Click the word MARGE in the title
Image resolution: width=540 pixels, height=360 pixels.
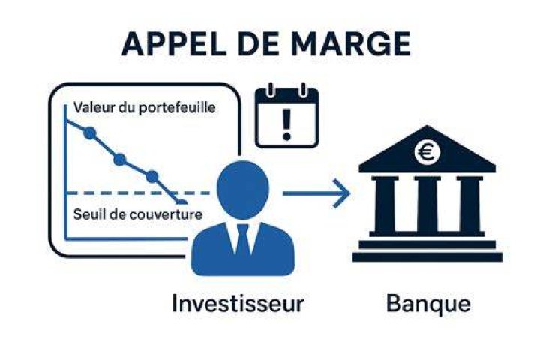pyautogui.click(x=351, y=43)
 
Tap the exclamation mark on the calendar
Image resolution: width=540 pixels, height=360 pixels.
pyautogui.click(x=286, y=124)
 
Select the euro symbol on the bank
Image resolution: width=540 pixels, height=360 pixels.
pyautogui.click(x=427, y=152)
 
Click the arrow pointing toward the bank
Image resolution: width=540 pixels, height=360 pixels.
pyautogui.click(x=316, y=193)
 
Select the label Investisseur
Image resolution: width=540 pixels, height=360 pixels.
pyautogui.click(x=238, y=303)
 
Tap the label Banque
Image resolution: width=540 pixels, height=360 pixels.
pyautogui.click(x=428, y=304)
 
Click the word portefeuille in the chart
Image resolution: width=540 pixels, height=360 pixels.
pyautogui.click(x=177, y=108)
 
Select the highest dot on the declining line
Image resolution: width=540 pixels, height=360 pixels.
pyautogui.click(x=89, y=133)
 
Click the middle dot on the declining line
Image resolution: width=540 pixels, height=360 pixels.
pyautogui.click(x=119, y=160)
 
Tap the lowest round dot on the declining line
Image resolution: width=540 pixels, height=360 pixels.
pyautogui.click(x=151, y=177)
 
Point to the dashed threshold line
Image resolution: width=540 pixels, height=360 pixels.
pyautogui.click(x=138, y=193)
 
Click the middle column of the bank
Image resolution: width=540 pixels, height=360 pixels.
pyautogui.click(x=427, y=205)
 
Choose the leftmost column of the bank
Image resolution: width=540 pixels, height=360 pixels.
pyautogui.click(x=385, y=205)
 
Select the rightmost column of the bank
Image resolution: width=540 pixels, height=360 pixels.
pyautogui.click(x=469, y=205)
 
